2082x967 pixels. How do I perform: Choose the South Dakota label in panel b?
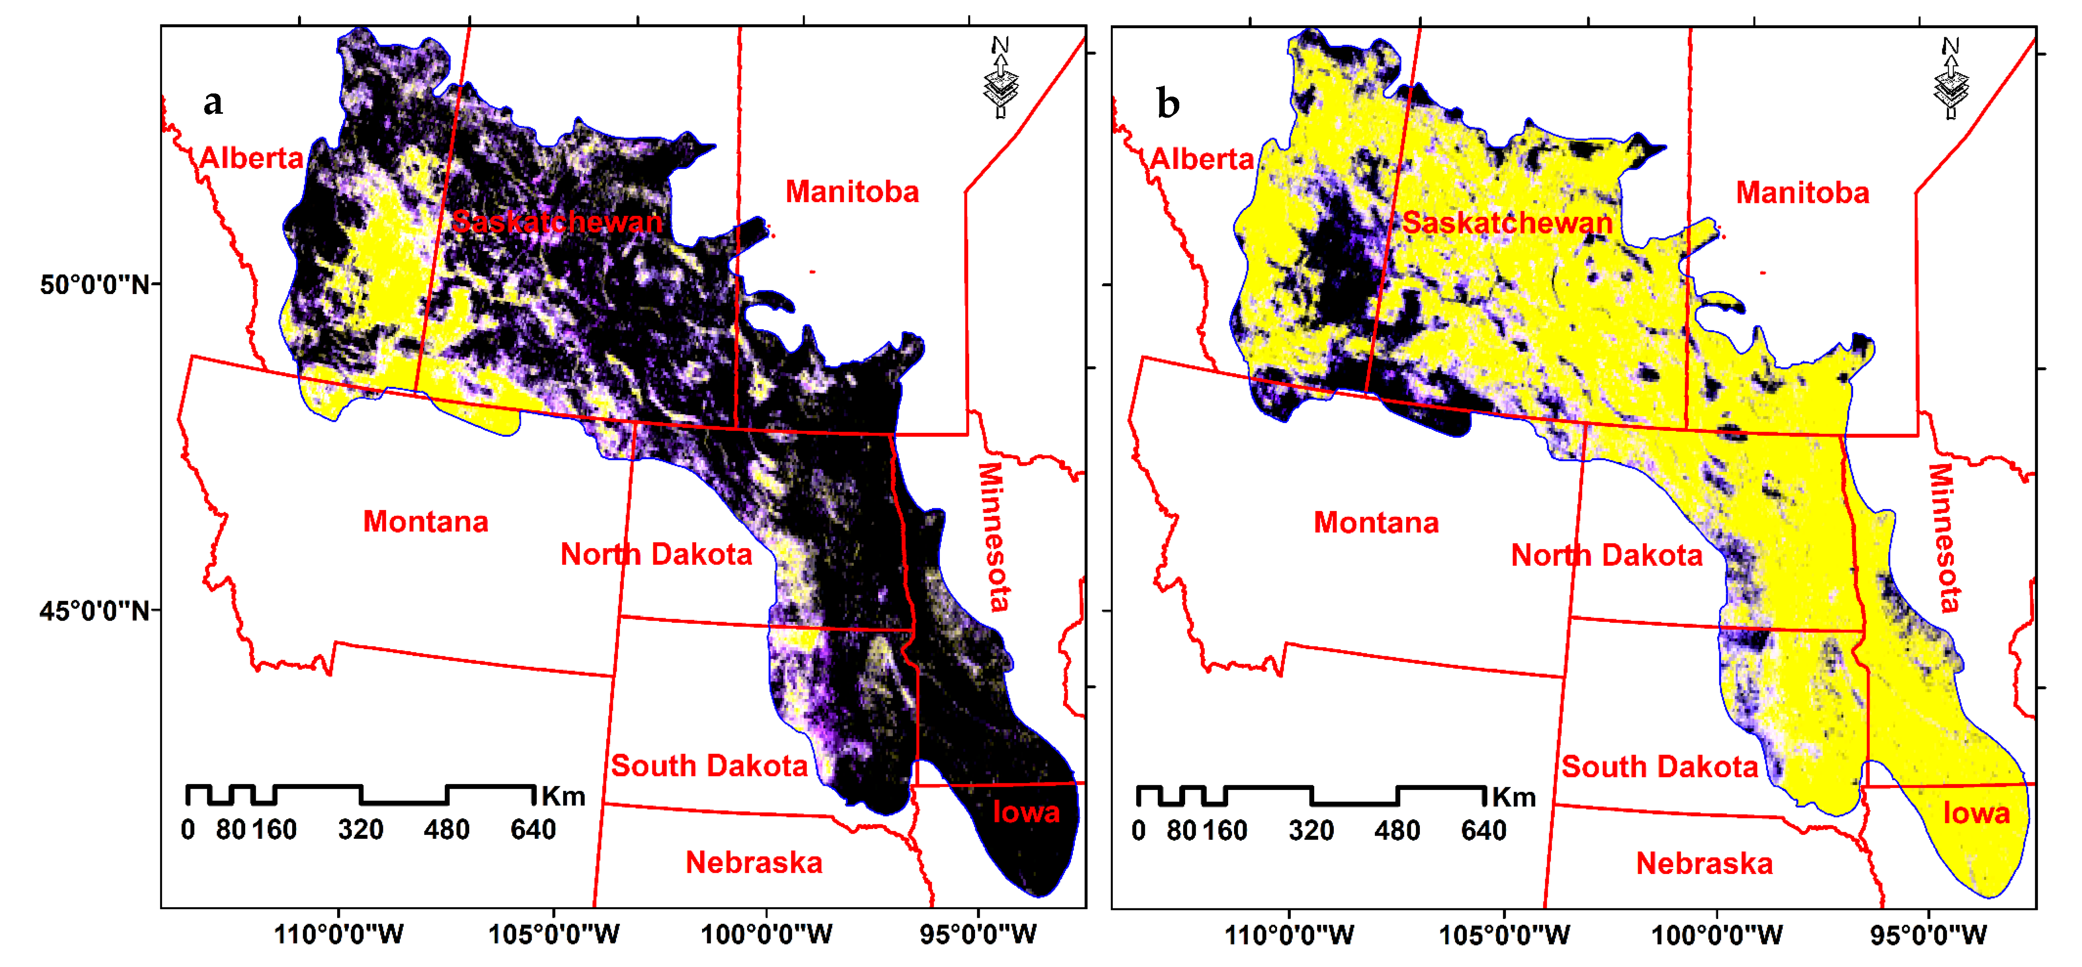coord(1659,767)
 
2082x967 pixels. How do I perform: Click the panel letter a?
coord(212,102)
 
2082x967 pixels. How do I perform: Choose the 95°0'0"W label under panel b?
coord(1928,935)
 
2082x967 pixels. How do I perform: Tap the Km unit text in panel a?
coord(563,797)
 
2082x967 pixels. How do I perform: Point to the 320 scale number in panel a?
coord(361,830)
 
